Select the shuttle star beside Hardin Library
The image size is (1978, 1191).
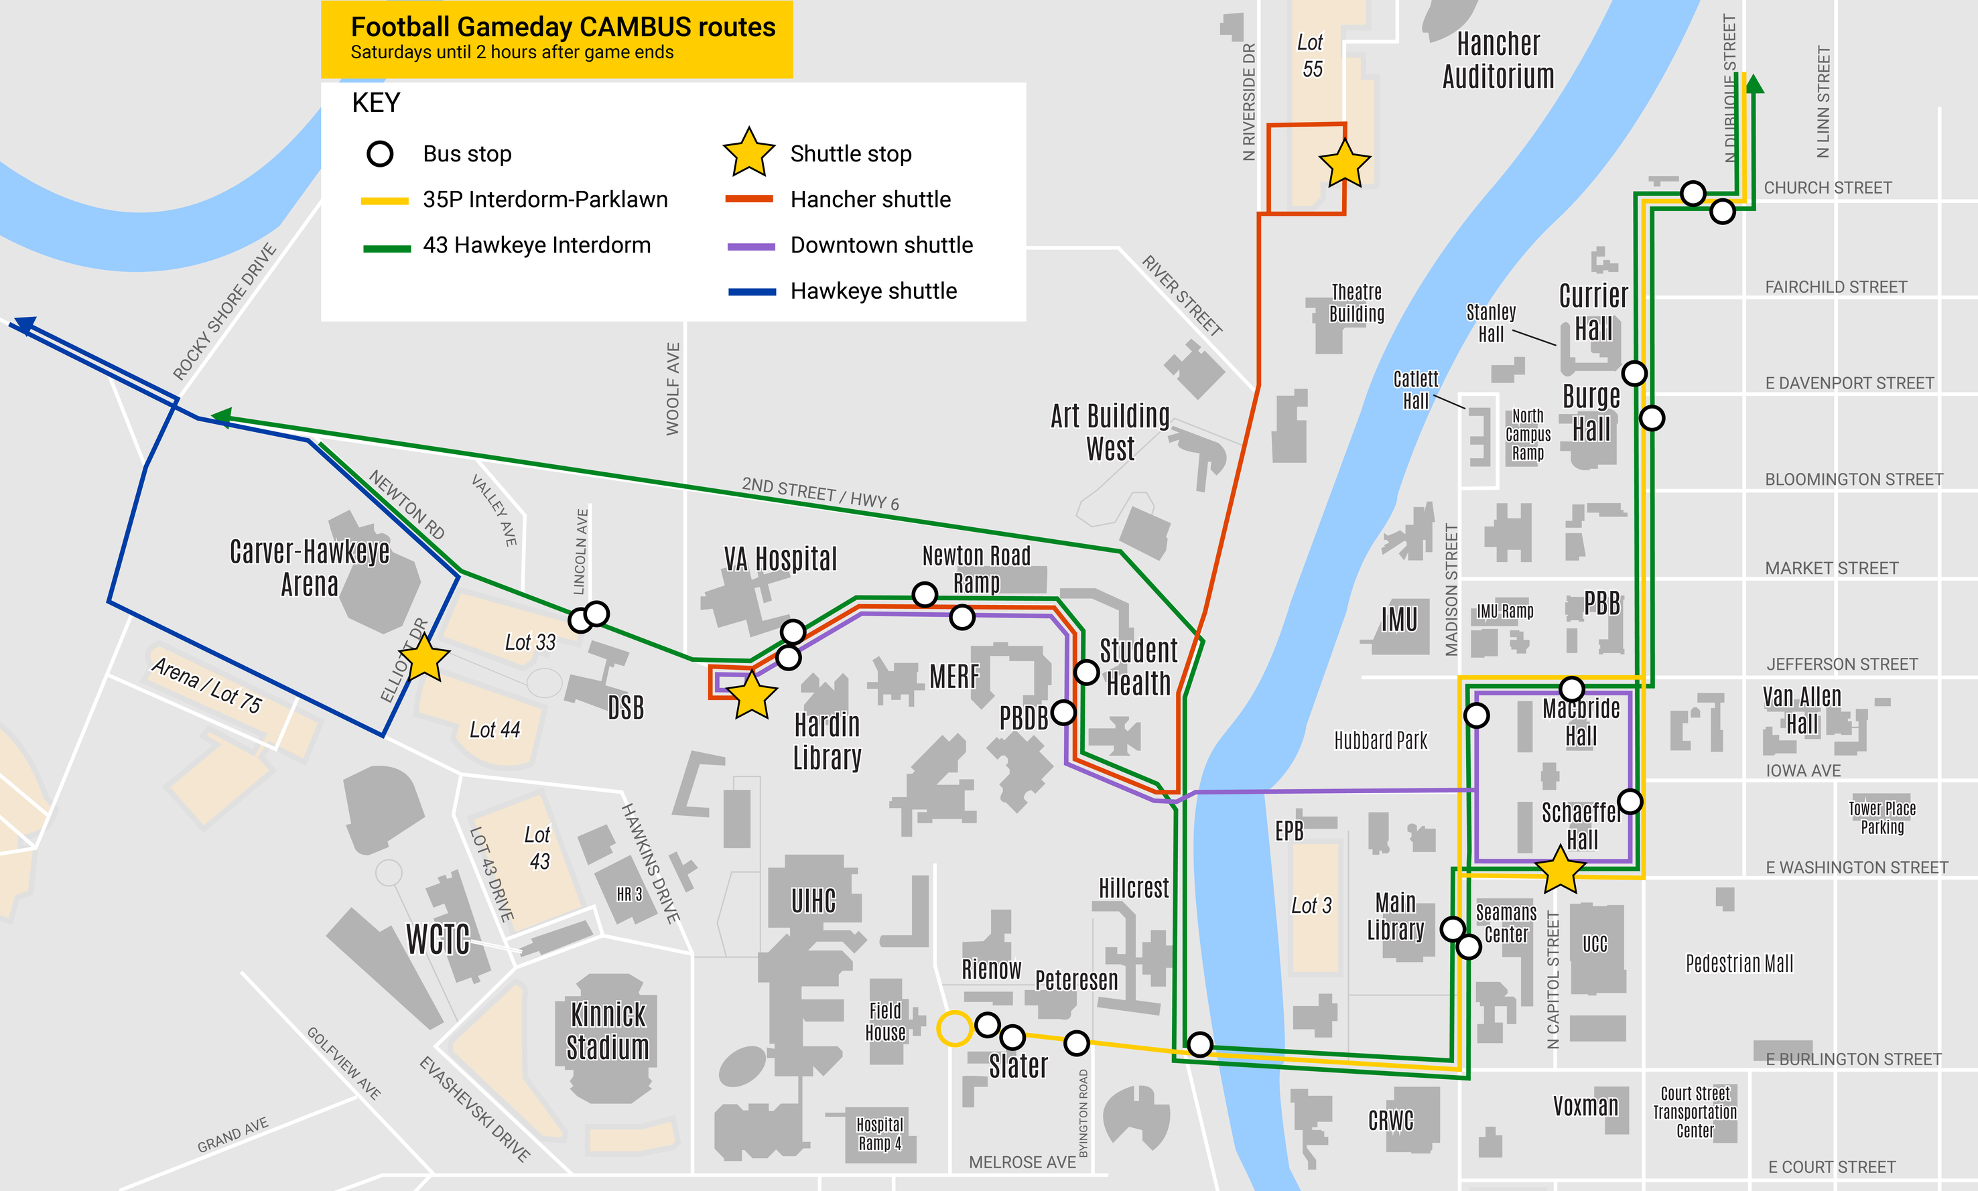click(x=751, y=696)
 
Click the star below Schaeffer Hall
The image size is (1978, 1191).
click(x=1560, y=870)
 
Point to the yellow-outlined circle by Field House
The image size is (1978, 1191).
click(x=953, y=1028)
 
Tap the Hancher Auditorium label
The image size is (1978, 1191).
click(x=1498, y=60)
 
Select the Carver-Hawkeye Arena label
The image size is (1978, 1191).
click(x=309, y=567)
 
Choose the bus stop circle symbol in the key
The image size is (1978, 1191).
click(x=380, y=153)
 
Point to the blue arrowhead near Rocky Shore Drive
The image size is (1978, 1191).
click(x=24, y=324)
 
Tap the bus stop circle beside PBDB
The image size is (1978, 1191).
click(x=1063, y=712)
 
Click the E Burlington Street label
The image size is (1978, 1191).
click(x=1853, y=1060)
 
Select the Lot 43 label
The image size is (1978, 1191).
click(x=538, y=847)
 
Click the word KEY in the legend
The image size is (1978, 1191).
click(x=376, y=102)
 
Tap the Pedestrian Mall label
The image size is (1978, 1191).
click(x=1739, y=963)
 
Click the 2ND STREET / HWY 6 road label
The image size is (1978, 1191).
click(x=819, y=493)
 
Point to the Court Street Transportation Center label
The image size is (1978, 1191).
click(x=1695, y=1111)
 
